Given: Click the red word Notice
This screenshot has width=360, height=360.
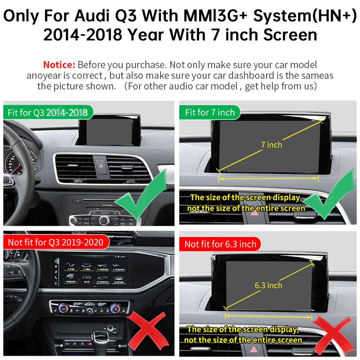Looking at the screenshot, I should coord(59,64).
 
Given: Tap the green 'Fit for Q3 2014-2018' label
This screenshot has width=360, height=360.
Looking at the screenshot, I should coord(48,112).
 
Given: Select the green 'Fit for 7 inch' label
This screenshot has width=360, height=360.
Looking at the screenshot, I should coord(210,112).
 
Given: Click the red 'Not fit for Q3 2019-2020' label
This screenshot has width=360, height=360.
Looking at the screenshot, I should coord(55,242).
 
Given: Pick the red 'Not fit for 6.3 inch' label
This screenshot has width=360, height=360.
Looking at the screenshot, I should coord(220,244).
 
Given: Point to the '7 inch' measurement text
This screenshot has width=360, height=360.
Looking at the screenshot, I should coord(271,144).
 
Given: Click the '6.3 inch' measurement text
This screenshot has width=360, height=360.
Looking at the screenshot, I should coord(268,285).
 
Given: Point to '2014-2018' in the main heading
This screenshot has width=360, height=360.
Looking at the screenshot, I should coord(82,35).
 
